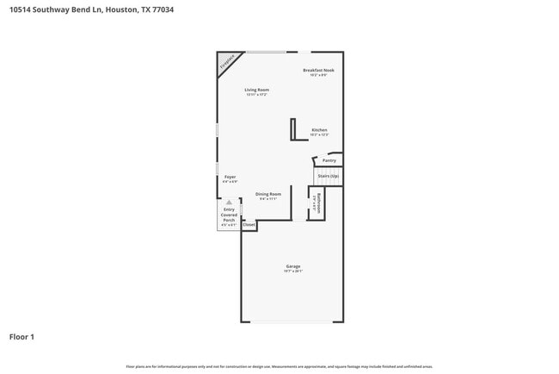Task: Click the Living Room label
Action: pyautogui.click(x=256, y=90)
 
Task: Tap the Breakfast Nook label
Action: pyautogui.click(x=318, y=70)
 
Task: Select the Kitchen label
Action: pyautogui.click(x=319, y=130)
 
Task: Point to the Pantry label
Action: pyautogui.click(x=329, y=160)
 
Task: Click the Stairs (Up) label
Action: pyautogui.click(x=329, y=176)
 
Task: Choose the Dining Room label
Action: pyautogui.click(x=268, y=194)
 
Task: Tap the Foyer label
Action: pyautogui.click(x=230, y=177)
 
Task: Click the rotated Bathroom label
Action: pyautogui.click(x=316, y=204)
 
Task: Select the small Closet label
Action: pyautogui.click(x=249, y=225)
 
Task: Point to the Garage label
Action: pyautogui.click(x=293, y=266)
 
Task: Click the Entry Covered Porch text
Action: pyautogui.click(x=229, y=215)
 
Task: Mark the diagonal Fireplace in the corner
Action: pyautogui.click(x=227, y=62)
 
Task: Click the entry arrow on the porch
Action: pyautogui.click(x=229, y=203)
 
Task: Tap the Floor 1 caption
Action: pyautogui.click(x=21, y=336)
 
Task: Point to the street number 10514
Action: pyautogui.click(x=21, y=9)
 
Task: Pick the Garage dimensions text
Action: pyautogui.click(x=293, y=271)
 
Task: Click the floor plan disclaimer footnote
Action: pyautogui.click(x=279, y=367)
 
